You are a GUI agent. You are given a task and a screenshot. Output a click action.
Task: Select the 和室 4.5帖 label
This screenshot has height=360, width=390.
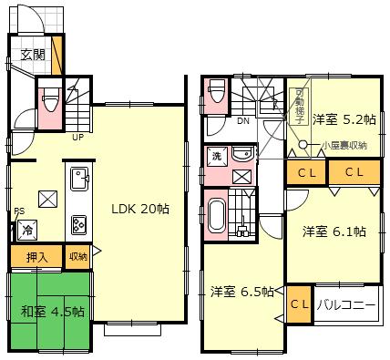pos(53,311)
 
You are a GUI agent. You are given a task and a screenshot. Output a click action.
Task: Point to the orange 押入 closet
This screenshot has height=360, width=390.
pos(36,257)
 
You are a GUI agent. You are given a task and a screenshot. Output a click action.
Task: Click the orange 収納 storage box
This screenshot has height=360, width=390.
pos(77,257)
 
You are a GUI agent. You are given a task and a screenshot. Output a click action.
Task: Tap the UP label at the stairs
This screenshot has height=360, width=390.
pos(78,139)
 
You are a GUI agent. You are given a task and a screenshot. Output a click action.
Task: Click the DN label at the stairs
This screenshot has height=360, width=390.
pos(243,119)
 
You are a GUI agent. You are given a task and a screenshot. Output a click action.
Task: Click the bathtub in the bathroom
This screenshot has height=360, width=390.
pos(217,216)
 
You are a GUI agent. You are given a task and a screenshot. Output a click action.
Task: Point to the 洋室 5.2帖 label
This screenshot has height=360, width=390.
pos(342,119)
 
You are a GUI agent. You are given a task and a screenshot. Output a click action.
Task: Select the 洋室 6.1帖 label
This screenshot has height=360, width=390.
pos(334,231)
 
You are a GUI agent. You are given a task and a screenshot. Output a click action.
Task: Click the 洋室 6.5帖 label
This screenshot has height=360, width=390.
pos(242,292)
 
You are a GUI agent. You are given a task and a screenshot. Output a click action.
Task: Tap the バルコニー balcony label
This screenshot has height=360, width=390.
pos(347,305)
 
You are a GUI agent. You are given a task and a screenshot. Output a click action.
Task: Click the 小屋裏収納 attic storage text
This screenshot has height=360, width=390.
pos(344,145)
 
